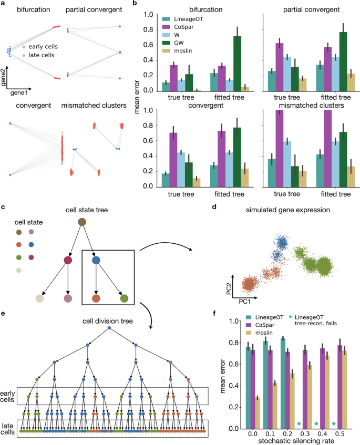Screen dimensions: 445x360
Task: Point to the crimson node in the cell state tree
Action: point(67,260)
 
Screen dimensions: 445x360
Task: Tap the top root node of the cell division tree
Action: point(109,328)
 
